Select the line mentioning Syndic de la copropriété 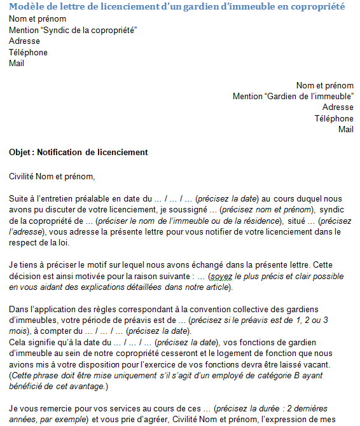[x=73, y=30]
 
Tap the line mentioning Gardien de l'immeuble [x=293, y=96]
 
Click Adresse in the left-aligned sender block [x=24, y=41]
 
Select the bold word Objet [x=21, y=153]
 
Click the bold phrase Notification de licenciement [x=93, y=153]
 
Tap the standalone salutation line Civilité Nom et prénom [x=52, y=176]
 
